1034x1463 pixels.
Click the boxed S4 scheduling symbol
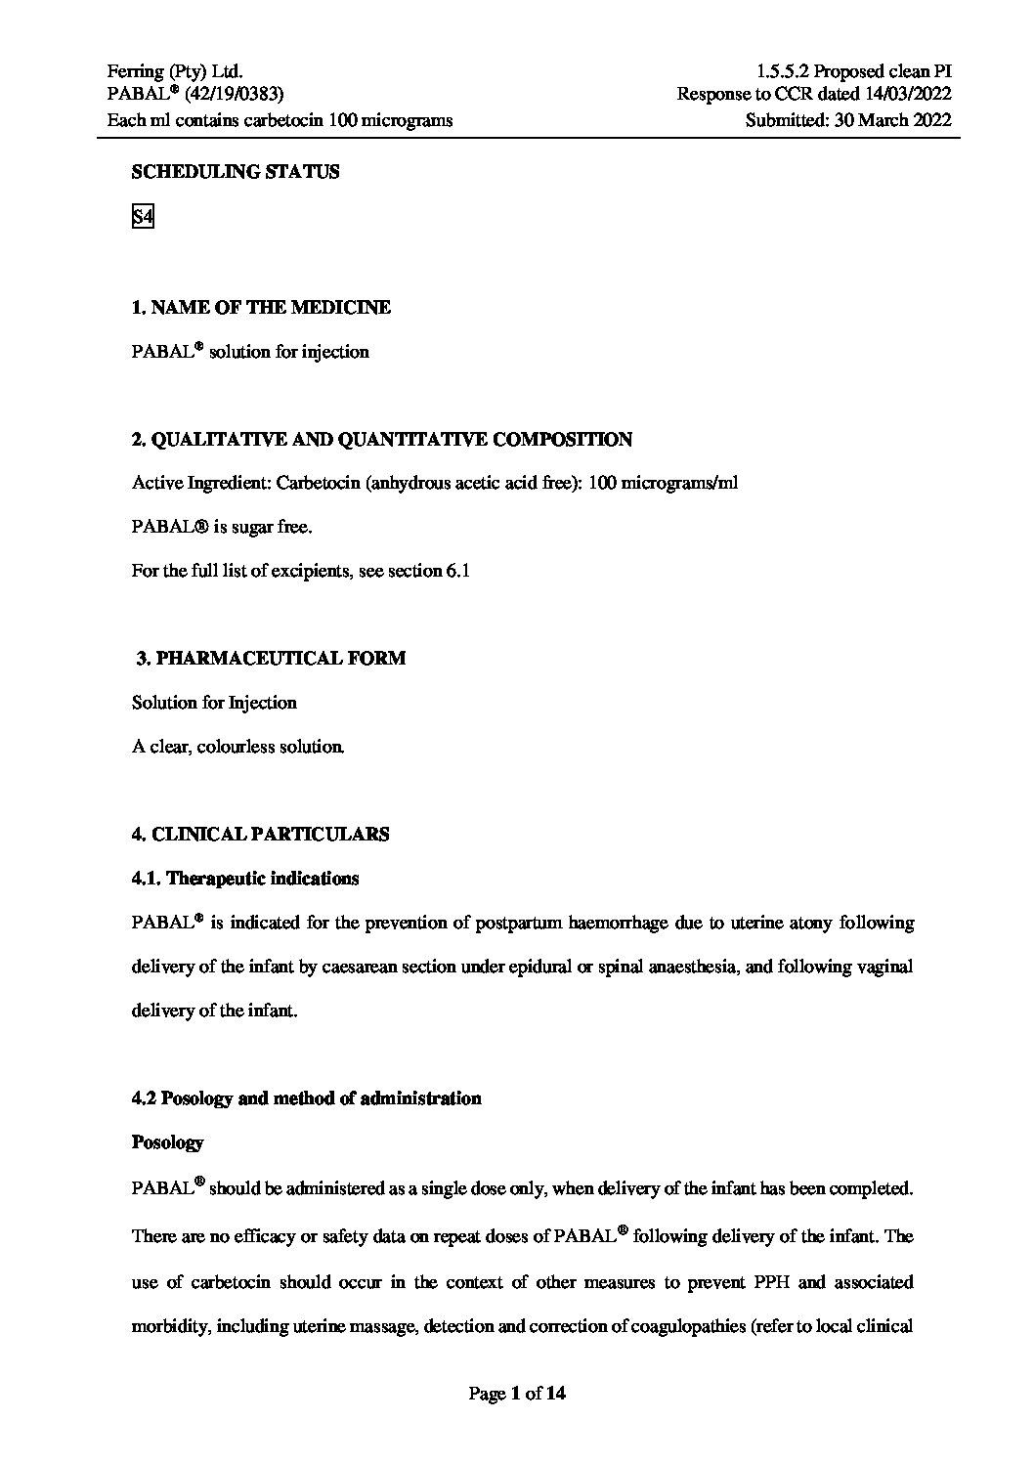pos(143,216)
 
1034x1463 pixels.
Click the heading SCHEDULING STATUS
pos(236,172)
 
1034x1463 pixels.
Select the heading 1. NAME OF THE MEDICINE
pos(261,308)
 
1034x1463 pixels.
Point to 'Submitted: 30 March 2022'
pos(847,120)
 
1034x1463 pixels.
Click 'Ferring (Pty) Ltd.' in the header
pos(175,70)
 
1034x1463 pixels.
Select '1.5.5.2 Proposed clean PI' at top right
pos(853,70)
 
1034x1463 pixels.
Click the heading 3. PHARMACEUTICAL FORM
pos(270,659)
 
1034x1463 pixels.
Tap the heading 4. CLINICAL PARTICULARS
pos(260,835)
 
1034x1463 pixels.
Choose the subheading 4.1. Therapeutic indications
pos(245,879)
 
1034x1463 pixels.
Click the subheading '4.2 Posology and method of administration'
pos(306,1098)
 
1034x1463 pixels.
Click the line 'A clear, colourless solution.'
pos(237,747)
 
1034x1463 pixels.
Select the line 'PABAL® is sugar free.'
pos(222,527)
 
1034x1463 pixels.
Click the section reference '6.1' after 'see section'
pos(458,571)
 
